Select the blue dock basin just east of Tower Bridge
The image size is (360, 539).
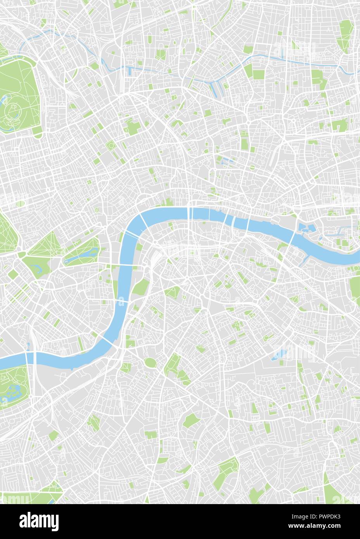[x=304, y=227]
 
